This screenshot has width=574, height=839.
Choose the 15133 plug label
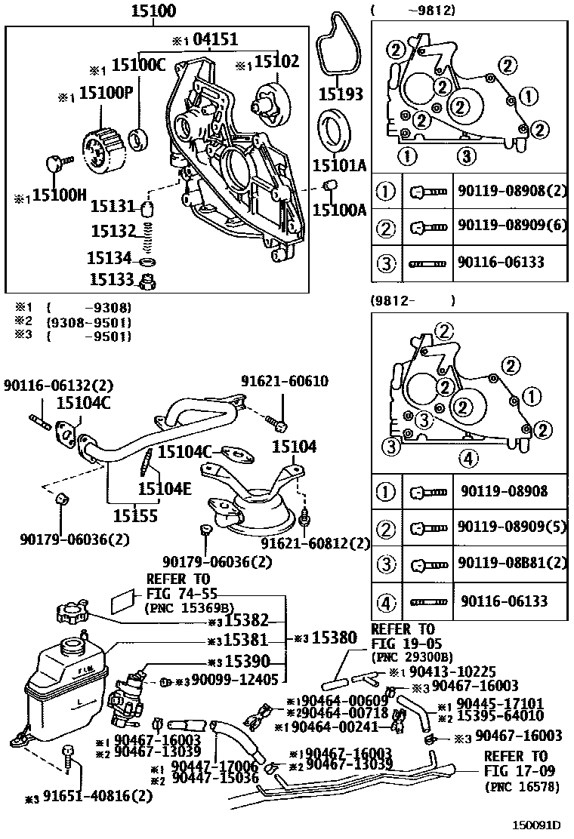click(112, 279)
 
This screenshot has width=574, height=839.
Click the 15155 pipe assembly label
click(136, 516)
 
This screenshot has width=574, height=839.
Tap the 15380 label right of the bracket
click(335, 638)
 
